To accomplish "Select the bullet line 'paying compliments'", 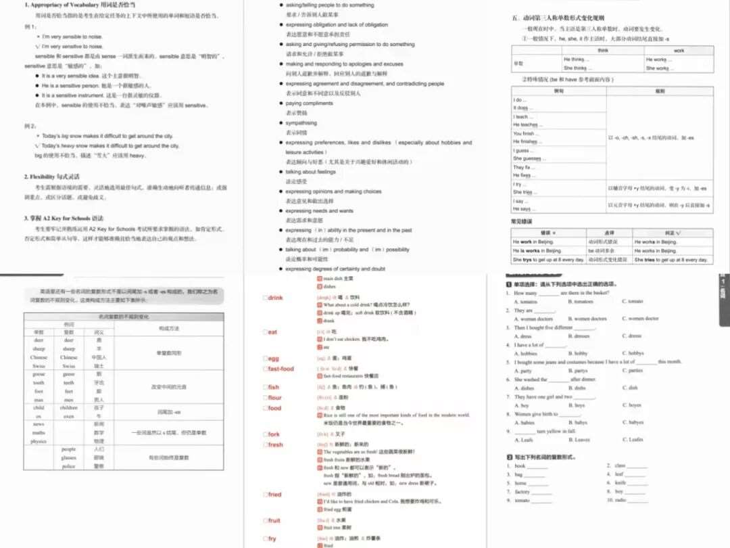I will (309, 104).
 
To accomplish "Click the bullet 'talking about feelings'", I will (310, 172).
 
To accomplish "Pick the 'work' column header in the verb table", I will (678, 51).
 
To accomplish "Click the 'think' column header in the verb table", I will (604, 51).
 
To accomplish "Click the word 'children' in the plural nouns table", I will (69, 408).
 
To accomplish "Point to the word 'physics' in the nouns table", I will (38, 440).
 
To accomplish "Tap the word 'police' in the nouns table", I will (69, 466).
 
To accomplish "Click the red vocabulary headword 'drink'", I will (275, 298).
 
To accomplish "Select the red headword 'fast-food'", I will (281, 369).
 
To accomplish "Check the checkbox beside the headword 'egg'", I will (265, 358).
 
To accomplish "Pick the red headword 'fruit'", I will (274, 520).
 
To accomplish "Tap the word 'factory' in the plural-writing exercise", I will (522, 492).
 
